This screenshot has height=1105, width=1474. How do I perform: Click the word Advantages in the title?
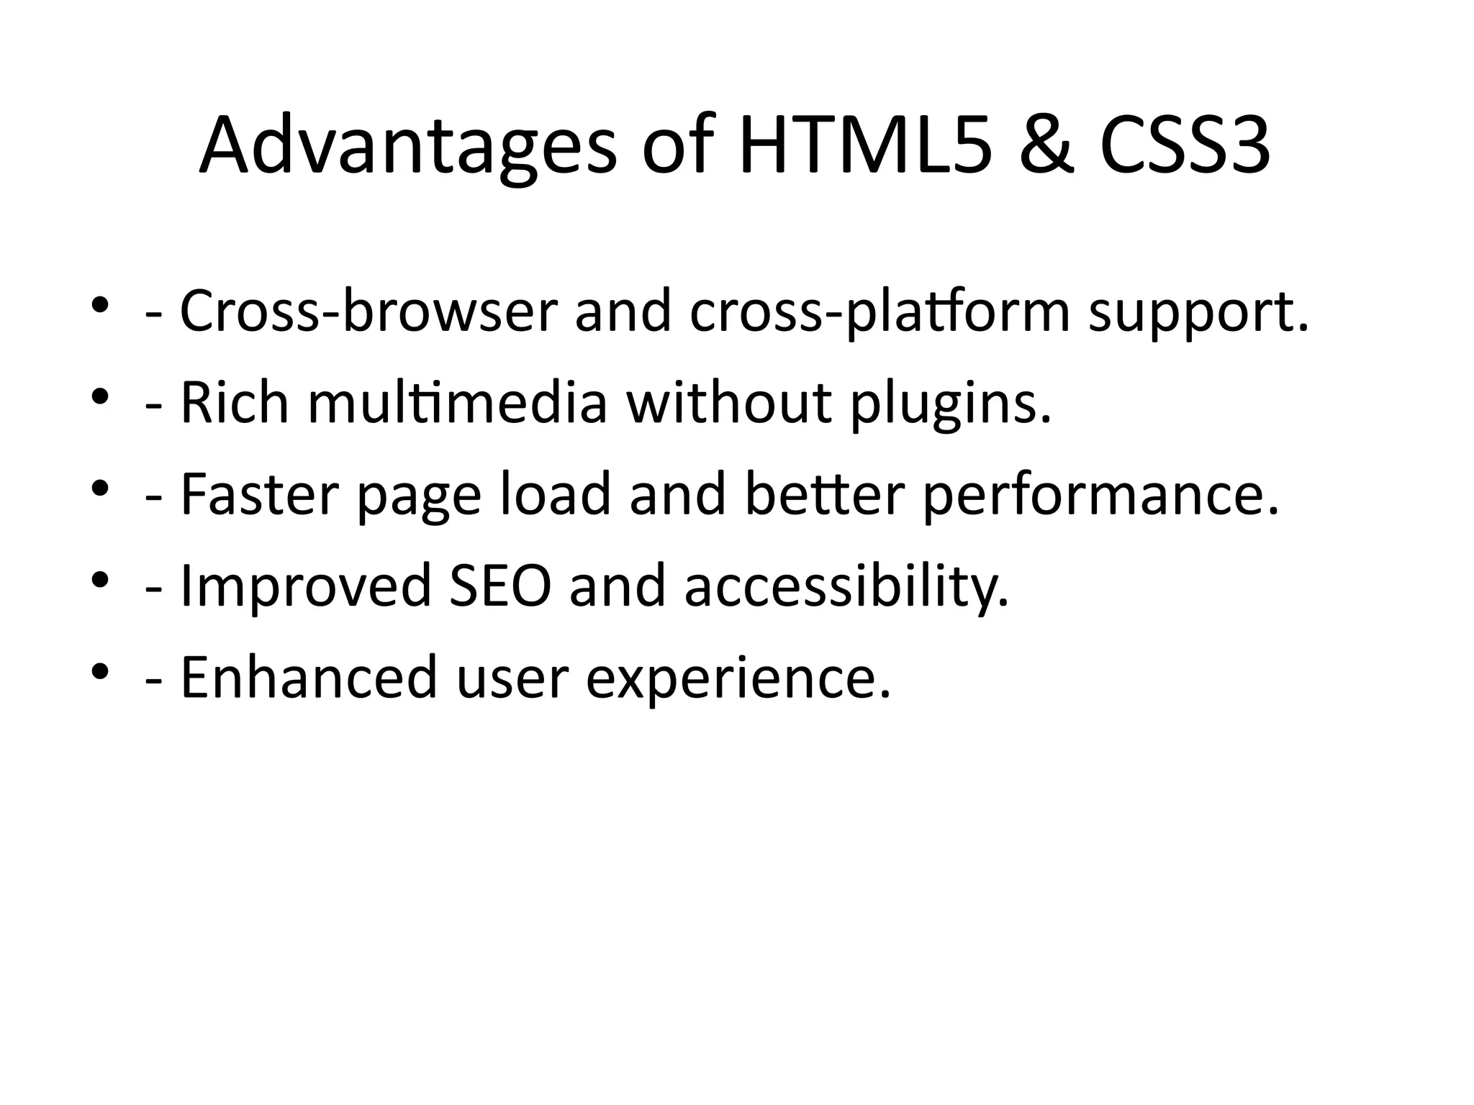[x=407, y=147]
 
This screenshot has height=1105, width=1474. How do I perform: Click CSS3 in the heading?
[x=1185, y=147]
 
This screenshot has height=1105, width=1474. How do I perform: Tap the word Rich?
[x=234, y=403]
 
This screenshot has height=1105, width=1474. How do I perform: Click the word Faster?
[x=259, y=495]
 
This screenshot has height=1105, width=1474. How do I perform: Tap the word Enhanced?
[x=308, y=678]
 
